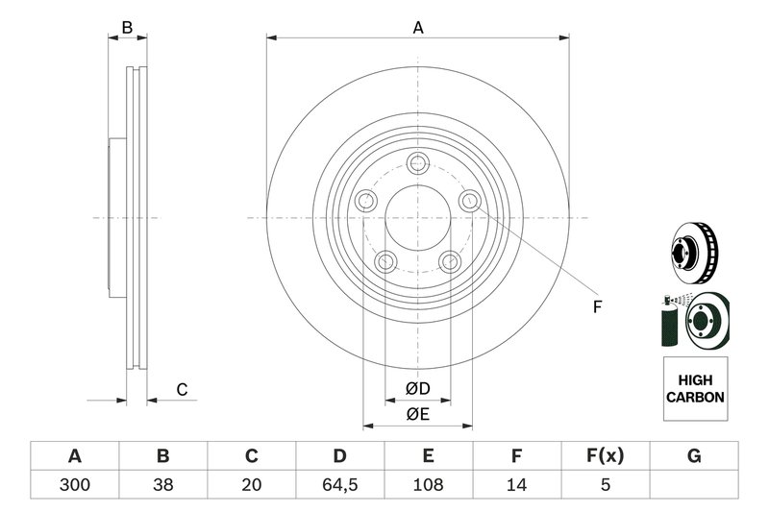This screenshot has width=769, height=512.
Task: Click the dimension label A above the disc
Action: tap(418, 28)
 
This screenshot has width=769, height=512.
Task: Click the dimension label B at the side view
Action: tap(127, 28)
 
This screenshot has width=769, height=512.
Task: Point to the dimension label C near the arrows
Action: tap(181, 389)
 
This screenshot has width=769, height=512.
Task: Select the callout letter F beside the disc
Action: tap(596, 307)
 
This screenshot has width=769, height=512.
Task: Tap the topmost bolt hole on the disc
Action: tap(417, 162)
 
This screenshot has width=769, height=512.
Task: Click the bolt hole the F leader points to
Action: tap(469, 201)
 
